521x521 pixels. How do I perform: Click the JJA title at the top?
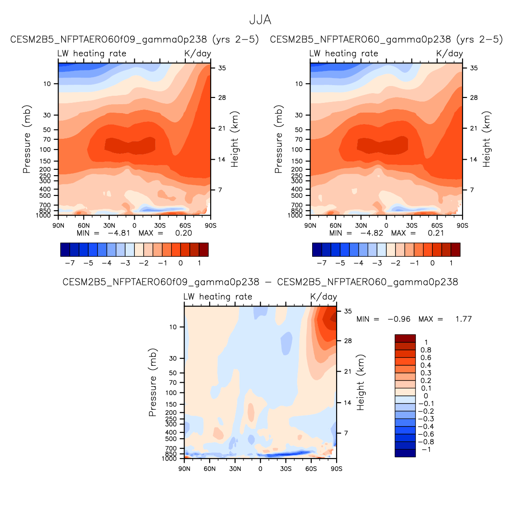click(260, 20)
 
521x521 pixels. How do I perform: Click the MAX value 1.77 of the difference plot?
click(463, 319)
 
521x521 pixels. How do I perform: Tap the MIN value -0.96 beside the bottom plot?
click(399, 319)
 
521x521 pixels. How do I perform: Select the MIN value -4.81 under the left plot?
click(119, 233)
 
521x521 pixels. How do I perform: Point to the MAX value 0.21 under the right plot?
click(436, 233)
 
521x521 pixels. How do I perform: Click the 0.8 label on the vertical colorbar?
click(426, 350)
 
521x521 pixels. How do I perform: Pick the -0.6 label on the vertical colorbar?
click(426, 434)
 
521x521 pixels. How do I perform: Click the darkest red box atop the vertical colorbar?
click(405, 338)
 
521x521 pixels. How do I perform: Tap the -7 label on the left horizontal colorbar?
click(70, 263)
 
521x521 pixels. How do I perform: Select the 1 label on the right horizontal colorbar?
click(451, 263)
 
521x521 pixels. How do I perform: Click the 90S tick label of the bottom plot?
click(337, 469)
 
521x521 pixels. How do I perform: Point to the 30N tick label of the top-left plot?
click(109, 225)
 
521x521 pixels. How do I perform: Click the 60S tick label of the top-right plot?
click(437, 225)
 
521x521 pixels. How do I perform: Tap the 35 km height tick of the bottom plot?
click(348, 311)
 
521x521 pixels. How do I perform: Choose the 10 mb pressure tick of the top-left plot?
click(47, 84)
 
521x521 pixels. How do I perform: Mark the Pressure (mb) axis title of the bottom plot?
click(153, 382)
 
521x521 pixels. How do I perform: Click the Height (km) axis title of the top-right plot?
click(487, 139)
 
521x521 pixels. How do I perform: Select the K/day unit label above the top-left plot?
click(198, 53)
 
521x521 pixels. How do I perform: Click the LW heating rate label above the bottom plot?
click(218, 297)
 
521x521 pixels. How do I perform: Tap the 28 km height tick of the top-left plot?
click(222, 98)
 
